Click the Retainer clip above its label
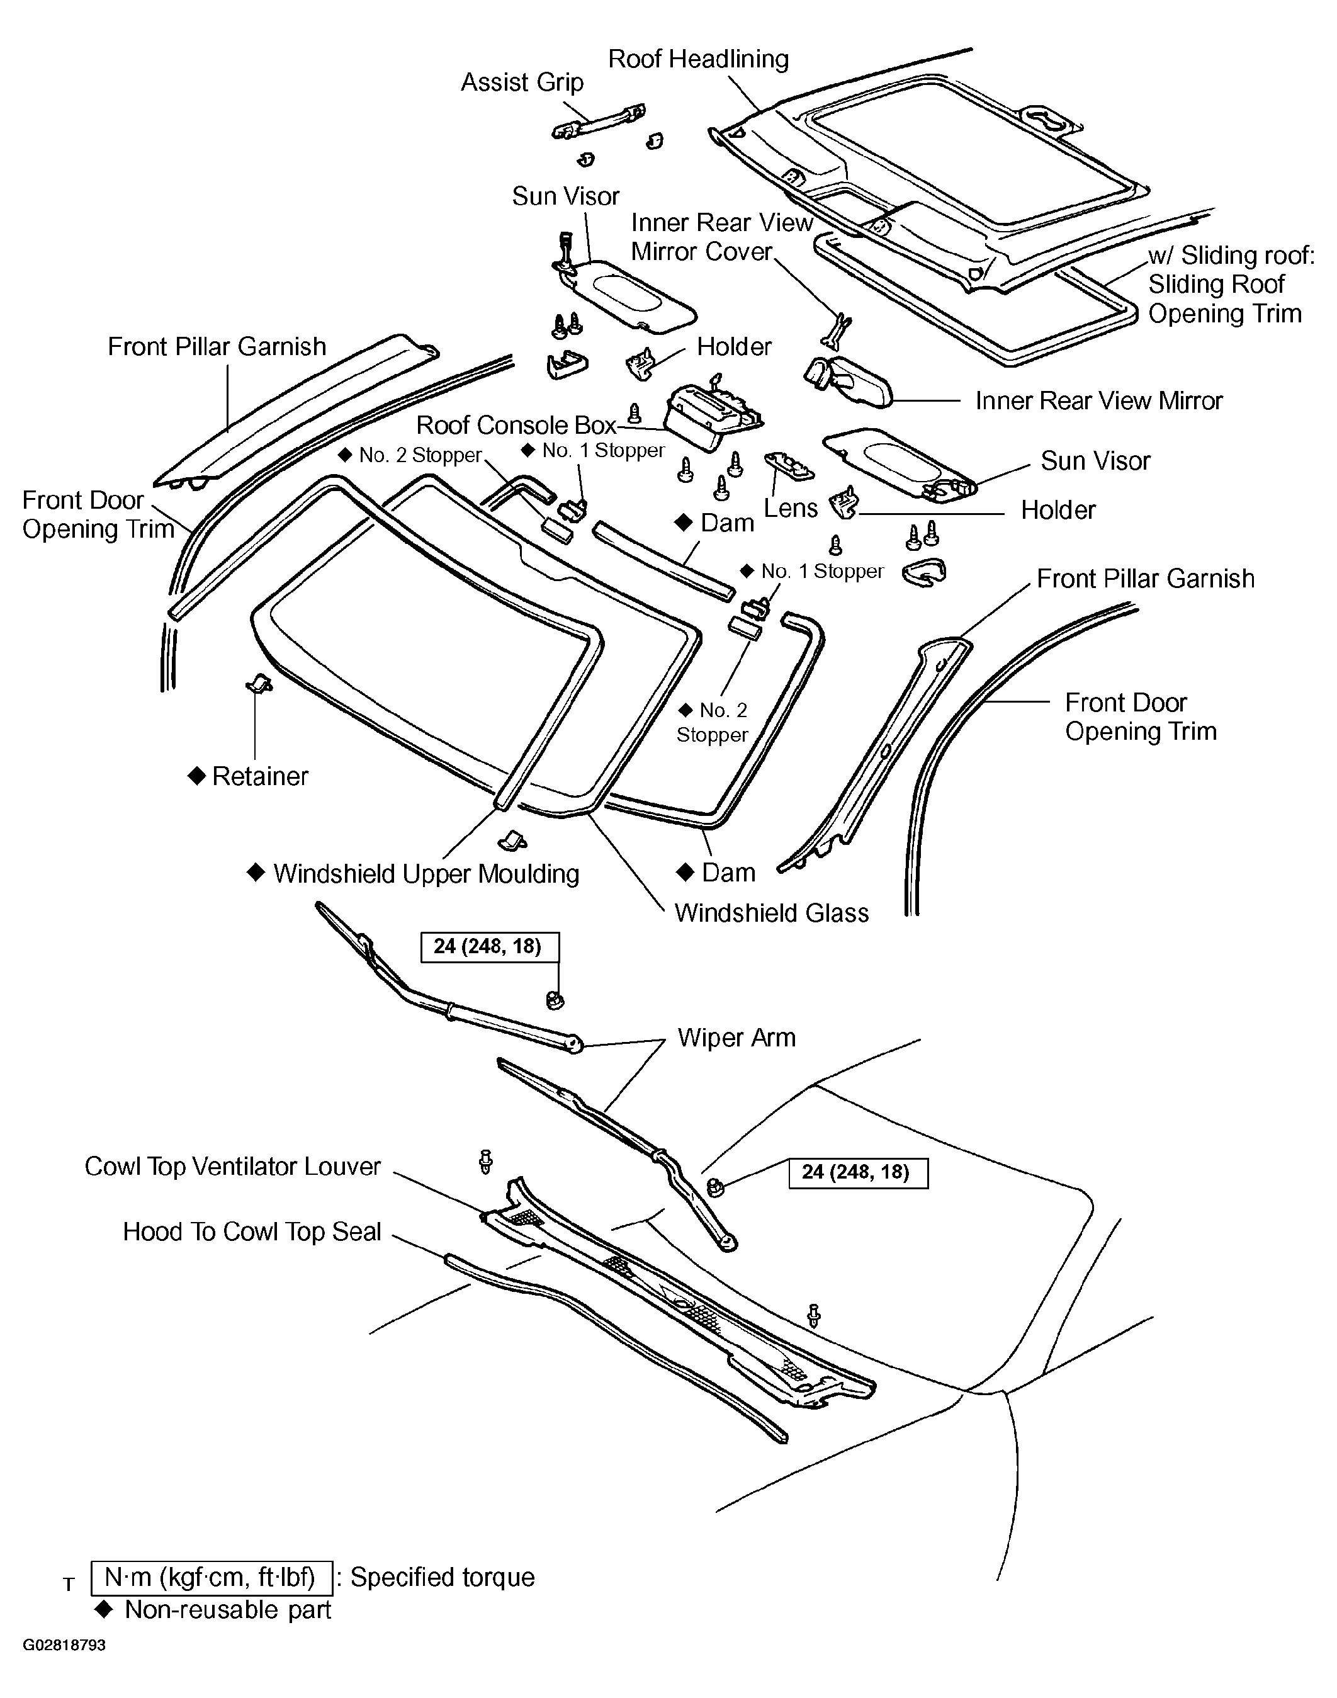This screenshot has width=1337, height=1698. tap(258, 684)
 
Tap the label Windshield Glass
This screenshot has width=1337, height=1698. tap(771, 913)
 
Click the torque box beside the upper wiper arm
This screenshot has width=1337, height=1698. tap(490, 946)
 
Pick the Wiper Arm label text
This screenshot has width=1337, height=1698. tap(736, 1038)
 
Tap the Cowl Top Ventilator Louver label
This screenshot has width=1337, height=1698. tap(232, 1167)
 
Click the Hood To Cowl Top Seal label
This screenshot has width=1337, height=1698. tap(252, 1231)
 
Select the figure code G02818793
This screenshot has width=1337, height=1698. tap(64, 1644)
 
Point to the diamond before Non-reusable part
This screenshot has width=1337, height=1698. tap(103, 1609)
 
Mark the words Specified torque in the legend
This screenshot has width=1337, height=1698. tap(443, 1578)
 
